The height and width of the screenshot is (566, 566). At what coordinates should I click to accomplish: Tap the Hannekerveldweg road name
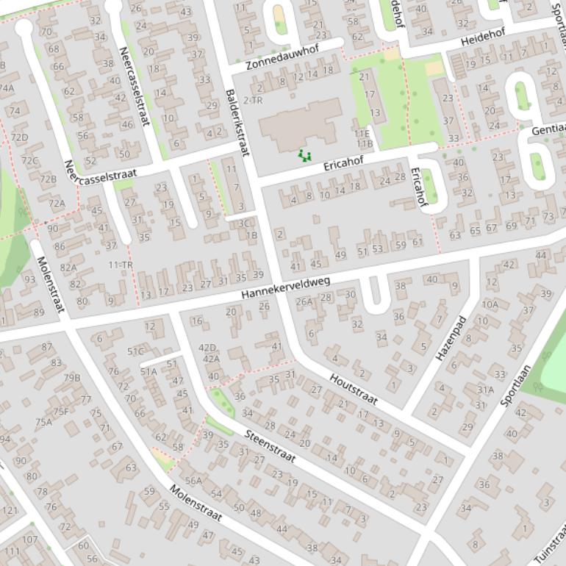(286, 288)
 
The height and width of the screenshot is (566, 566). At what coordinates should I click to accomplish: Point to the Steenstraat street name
(270, 446)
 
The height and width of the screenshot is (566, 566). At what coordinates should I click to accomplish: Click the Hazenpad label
(451, 338)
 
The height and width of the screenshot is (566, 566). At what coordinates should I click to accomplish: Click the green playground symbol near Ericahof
(304, 154)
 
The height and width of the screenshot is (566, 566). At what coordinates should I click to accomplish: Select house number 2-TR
(252, 100)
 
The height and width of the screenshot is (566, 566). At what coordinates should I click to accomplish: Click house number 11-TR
(121, 265)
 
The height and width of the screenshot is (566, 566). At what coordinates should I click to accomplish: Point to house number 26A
(304, 301)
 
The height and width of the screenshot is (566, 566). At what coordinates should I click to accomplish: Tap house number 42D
(208, 348)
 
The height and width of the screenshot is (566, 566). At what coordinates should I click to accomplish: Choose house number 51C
(135, 351)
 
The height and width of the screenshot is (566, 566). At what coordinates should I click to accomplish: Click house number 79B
(71, 378)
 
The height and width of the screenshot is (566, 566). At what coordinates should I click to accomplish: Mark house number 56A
(193, 481)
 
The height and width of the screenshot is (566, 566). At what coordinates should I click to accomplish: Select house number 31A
(485, 390)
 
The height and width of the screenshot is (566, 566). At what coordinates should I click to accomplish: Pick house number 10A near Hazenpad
(490, 304)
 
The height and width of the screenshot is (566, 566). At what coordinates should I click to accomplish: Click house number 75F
(60, 412)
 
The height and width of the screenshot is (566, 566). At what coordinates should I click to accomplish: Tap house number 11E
(361, 134)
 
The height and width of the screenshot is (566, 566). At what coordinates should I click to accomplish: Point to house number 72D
(20, 137)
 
